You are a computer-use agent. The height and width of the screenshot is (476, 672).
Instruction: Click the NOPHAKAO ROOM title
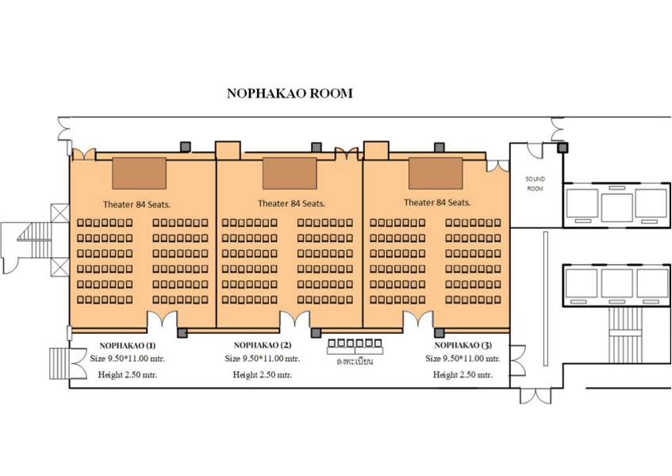[x=290, y=94]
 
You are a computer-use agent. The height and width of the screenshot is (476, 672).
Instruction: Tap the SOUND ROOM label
[x=536, y=184]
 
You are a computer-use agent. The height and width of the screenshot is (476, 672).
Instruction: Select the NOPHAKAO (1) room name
[x=128, y=346]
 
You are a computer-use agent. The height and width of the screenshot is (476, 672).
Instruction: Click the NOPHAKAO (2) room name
[x=263, y=345]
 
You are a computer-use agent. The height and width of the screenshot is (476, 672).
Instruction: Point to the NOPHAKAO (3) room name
[x=463, y=345]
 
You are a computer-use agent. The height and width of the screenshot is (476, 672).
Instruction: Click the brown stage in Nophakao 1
[x=140, y=173]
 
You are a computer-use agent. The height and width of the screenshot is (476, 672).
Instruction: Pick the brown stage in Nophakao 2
[x=290, y=173]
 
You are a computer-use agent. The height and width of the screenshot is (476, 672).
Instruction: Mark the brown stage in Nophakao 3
[x=436, y=173]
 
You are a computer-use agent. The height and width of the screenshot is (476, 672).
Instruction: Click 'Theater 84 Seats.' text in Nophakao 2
[x=291, y=204]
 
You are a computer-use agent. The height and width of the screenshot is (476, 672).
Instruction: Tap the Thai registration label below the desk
[x=355, y=361]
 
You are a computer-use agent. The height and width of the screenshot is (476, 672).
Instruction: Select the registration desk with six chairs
[x=355, y=347]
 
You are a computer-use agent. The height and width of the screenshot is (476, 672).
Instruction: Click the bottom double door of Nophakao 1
[x=162, y=320]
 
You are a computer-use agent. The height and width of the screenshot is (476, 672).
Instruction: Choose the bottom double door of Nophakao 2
[x=295, y=320]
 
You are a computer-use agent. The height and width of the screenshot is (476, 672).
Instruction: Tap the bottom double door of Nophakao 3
[x=418, y=320]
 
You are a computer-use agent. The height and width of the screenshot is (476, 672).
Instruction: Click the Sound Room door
[x=535, y=152]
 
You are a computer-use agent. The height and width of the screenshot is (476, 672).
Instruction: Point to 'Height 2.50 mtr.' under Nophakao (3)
[x=463, y=375]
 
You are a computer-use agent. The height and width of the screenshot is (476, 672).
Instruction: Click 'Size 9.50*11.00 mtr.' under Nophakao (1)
[x=128, y=359]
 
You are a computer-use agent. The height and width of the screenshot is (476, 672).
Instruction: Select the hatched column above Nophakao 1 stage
[x=185, y=147]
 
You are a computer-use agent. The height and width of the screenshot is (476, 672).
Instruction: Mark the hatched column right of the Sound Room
[x=563, y=148]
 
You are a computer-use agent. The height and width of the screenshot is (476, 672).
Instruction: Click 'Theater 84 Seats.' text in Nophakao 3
[x=437, y=202]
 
